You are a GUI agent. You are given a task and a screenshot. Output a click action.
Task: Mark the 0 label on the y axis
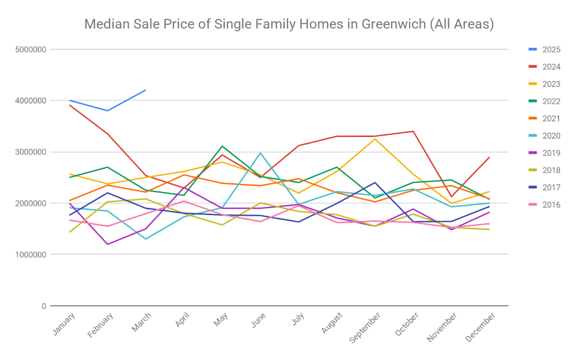pyautogui.click(x=44, y=306)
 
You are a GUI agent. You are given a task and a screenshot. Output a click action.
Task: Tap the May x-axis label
pyautogui.click(x=221, y=320)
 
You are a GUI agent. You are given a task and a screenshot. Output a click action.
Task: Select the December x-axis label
pyautogui.click(x=481, y=327)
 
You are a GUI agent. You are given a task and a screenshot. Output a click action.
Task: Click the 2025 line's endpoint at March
pyautogui.click(x=146, y=90)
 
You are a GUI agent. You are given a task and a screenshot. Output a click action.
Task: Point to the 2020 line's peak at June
pyautogui.click(x=261, y=153)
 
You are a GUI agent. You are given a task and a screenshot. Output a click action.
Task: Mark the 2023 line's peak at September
pyautogui.click(x=375, y=139)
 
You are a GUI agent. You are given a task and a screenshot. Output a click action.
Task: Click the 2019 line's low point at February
pyautogui.click(x=108, y=244)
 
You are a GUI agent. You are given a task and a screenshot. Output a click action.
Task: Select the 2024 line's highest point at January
pyautogui.click(x=70, y=105)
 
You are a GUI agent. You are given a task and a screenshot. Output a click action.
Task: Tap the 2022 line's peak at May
pyautogui.click(x=222, y=146)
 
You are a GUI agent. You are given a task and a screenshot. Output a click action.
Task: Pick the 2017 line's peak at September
pyautogui.click(x=375, y=182)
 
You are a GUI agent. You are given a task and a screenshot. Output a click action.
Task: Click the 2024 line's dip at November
pyautogui.click(x=451, y=197)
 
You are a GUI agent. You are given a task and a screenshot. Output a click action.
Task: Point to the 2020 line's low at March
pyautogui.click(x=146, y=239)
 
